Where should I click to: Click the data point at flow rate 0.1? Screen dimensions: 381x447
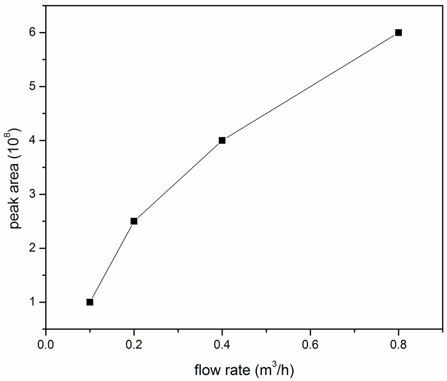(x=90, y=302)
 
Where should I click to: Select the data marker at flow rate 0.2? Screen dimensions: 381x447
(x=134, y=221)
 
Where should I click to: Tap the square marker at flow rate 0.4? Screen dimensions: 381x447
(x=222, y=140)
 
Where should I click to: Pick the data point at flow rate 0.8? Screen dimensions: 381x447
(x=398, y=33)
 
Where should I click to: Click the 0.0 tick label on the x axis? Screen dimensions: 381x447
(x=46, y=343)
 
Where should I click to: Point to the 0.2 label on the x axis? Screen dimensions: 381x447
(x=134, y=343)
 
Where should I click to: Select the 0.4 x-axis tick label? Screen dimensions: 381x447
(x=222, y=343)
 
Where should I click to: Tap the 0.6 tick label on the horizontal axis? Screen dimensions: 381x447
(x=310, y=343)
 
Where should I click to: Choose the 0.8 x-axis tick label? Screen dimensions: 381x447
(x=398, y=343)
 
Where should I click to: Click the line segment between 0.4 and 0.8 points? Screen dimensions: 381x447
(x=310, y=87)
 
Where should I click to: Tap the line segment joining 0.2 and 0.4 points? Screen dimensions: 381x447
(x=178, y=181)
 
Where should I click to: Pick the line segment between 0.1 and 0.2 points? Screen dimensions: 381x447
(x=112, y=262)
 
